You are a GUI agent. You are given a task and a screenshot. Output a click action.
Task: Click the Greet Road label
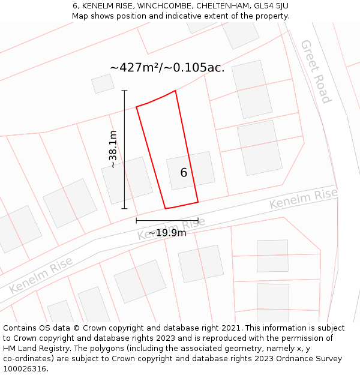316,71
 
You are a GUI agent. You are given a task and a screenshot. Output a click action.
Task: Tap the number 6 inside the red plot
184,173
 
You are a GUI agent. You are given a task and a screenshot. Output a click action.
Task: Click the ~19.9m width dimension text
167,233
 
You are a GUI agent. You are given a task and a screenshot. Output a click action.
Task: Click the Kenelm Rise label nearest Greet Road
303,199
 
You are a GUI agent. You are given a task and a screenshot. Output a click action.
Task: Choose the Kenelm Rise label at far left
41,275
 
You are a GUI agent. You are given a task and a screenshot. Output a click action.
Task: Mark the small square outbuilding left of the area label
103,84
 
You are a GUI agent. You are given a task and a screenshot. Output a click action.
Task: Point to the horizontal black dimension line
167,221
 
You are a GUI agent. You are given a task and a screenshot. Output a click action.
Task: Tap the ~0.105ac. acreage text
199,68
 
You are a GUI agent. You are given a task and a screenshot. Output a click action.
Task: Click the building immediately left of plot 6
127,180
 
